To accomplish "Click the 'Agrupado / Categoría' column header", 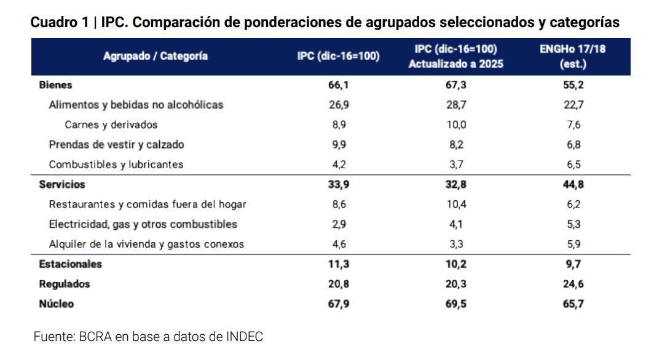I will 156,56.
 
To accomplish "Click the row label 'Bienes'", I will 55,85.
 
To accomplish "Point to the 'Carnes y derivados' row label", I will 111,125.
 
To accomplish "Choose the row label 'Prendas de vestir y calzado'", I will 116,144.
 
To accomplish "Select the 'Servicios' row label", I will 61,184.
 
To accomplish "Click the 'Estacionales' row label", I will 70,264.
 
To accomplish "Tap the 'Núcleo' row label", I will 57,303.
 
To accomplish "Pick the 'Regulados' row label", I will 64,284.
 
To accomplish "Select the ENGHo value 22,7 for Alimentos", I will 573,104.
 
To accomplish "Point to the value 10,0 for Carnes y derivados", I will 455,125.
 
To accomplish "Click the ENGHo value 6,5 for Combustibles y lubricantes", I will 573,165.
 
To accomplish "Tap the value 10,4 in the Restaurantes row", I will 455,204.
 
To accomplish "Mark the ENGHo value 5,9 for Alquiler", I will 573,244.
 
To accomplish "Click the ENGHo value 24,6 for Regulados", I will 573,284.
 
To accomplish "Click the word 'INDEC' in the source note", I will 245,337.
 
